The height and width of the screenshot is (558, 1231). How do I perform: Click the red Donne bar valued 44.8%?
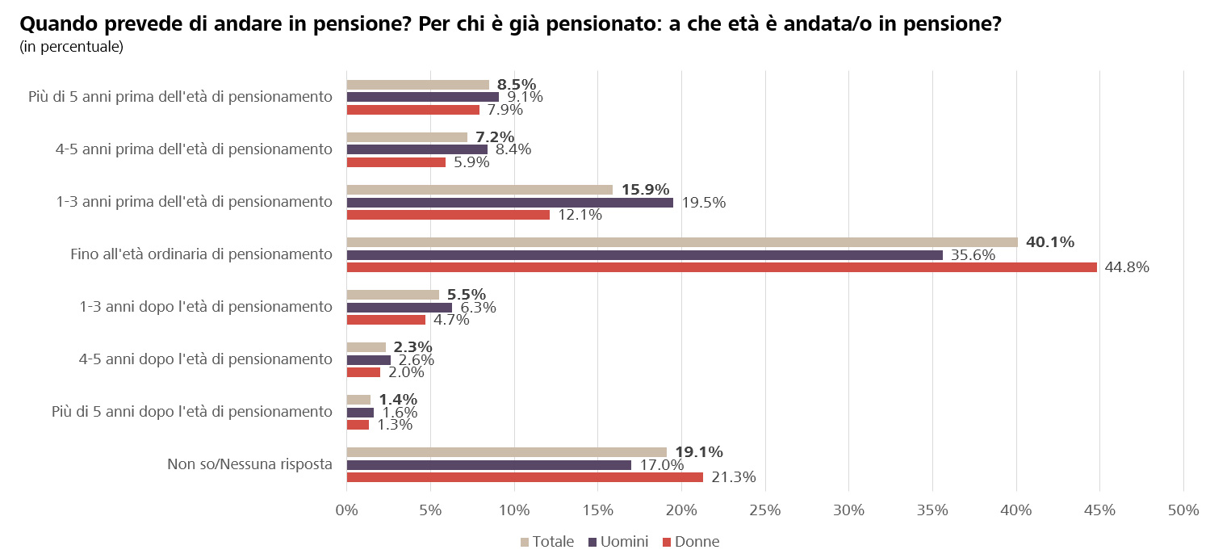coord(722,267)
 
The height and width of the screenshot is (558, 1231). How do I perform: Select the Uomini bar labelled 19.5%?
coord(509,203)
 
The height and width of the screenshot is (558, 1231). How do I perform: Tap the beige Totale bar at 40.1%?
coord(682,242)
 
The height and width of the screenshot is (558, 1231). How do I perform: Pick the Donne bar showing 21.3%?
coord(525,477)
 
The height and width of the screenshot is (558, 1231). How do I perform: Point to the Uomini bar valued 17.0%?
coord(488,465)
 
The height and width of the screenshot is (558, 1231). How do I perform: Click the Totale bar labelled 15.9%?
coord(479,190)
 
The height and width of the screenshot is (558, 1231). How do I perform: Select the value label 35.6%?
coord(973,255)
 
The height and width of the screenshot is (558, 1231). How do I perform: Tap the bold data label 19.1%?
coord(699,451)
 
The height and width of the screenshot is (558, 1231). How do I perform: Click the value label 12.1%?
coord(580,215)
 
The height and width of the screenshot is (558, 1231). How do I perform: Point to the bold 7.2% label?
coord(495,137)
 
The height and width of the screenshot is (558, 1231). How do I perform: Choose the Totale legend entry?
coord(547,541)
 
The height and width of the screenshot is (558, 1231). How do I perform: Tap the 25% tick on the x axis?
coord(764,510)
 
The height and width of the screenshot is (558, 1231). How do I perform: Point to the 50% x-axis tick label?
coord(1183,510)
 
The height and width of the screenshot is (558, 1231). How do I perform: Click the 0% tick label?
coord(346,510)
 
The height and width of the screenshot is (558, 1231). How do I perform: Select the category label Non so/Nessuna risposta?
coord(249,464)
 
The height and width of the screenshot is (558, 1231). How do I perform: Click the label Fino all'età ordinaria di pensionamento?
coord(201,254)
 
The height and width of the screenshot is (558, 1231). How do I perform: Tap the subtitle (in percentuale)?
coord(71,47)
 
